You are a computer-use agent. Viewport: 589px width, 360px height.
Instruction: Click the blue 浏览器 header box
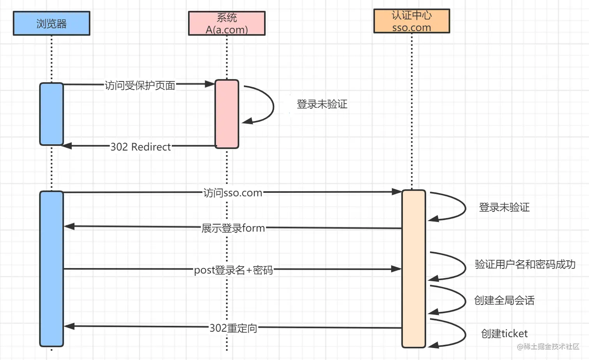[51, 23]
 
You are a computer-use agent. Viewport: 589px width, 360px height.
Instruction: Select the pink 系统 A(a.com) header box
[227, 23]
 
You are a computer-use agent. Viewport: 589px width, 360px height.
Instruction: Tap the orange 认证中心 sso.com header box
[412, 21]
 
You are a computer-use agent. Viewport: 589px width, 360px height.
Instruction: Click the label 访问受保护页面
[139, 85]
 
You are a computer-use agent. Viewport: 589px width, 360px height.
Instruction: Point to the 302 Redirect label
[141, 147]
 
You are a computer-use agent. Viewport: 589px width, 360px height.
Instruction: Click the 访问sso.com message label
[233, 193]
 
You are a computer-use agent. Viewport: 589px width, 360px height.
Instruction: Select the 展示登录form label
[233, 228]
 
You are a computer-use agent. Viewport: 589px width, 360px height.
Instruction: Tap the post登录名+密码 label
[233, 270]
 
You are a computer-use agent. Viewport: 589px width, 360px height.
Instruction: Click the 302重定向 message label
[233, 328]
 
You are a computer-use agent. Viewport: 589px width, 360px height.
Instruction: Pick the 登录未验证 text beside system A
[322, 104]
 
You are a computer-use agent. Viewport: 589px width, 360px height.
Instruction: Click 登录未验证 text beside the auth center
[504, 207]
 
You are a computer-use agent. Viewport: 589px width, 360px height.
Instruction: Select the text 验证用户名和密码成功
[525, 264]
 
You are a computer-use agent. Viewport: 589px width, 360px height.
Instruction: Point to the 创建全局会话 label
[504, 300]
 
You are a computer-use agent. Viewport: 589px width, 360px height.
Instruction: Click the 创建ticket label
[504, 334]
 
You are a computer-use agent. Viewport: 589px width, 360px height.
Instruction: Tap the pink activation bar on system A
[227, 114]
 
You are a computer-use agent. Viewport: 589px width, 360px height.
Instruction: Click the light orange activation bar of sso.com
[414, 269]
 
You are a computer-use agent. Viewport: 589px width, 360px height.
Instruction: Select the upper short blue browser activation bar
[51, 114]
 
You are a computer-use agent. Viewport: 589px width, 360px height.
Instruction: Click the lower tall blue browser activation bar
[51, 269]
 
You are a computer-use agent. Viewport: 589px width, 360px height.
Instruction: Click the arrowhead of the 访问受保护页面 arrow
[210, 84]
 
